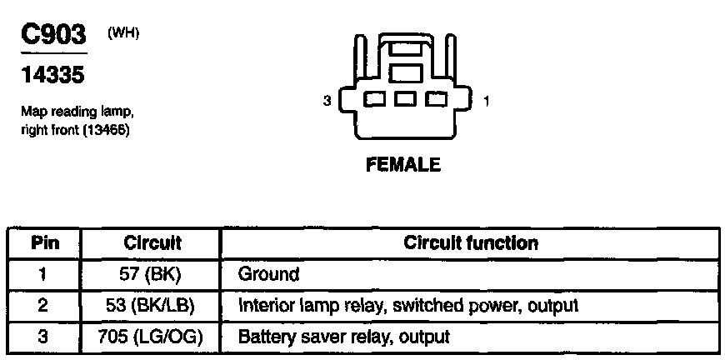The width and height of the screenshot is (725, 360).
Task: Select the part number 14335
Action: pos(52,76)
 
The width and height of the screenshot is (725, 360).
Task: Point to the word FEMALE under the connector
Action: pos(403,164)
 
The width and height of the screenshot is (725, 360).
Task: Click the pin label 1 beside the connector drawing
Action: pos(486,102)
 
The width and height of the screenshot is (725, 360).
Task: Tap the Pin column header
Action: pos(44,243)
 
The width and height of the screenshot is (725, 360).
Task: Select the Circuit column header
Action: pos(152,243)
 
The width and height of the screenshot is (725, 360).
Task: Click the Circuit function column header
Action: pos(471,243)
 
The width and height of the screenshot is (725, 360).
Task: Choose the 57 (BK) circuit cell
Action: pos(152,274)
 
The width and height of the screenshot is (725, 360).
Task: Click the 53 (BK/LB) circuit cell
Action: pos(152,306)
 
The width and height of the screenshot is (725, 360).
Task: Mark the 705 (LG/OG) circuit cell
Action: pos(152,337)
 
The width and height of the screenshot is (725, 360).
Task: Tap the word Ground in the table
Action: pos(268,274)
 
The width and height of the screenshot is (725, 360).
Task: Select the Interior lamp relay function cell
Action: pos(407,306)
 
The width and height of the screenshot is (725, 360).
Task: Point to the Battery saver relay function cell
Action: pos(343,337)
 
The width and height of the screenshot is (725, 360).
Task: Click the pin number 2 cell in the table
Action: pos(44,306)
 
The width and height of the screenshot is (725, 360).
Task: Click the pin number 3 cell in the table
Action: pos(44,337)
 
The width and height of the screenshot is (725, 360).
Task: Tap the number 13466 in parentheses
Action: pos(106,130)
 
